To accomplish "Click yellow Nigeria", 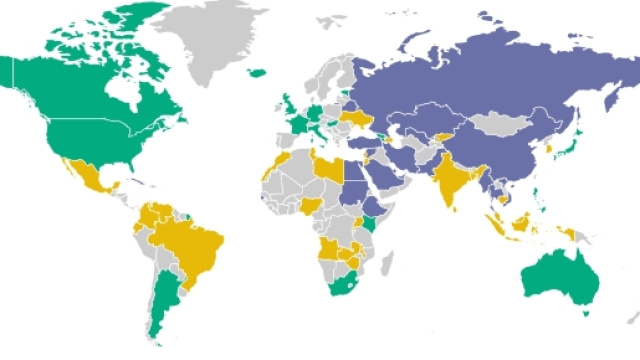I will (x=313, y=205).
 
